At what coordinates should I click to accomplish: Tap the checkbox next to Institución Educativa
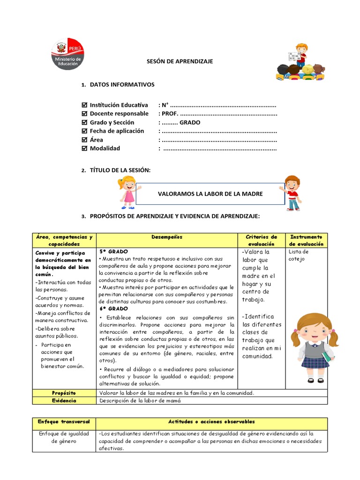84,105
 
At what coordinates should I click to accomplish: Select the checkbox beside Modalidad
84,149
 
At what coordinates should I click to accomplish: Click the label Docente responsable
119,113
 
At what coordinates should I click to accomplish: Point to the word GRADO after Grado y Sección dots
190,122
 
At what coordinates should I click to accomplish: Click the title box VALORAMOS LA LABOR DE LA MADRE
210,194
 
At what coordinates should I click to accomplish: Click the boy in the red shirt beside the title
292,192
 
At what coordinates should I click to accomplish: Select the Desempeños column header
167,237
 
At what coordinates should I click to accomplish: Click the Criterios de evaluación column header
262,240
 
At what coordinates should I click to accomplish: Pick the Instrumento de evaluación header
306,240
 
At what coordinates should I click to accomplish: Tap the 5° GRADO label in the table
113,252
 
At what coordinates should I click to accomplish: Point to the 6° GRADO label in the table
113,309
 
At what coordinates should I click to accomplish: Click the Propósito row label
64,393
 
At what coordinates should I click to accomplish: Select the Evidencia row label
64,401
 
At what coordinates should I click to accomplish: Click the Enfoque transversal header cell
64,422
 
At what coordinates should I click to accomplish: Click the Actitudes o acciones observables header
212,422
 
